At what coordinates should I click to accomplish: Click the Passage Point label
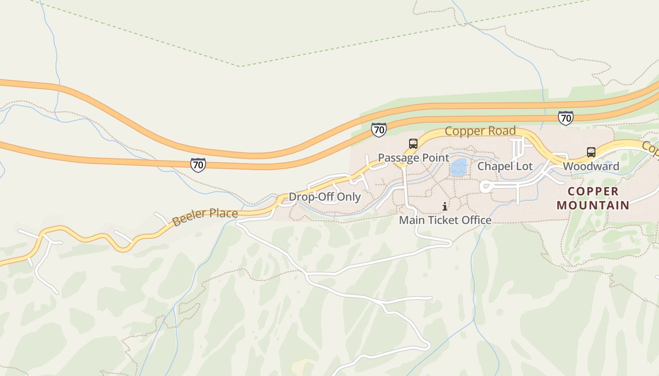tap(414, 158)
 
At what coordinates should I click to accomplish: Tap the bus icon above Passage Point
tap(413, 144)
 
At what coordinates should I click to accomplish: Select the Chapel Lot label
tap(505, 166)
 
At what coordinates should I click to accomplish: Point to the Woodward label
tap(591, 166)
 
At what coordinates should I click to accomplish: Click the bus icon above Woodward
tap(591, 152)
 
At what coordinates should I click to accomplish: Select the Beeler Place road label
tap(205, 217)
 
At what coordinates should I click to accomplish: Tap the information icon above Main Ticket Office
tap(445, 206)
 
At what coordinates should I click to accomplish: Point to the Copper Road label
tap(480, 131)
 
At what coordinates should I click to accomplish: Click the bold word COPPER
tap(593, 192)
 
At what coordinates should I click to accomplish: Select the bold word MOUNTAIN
tap(593, 205)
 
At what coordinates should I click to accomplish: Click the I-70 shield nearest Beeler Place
tap(198, 165)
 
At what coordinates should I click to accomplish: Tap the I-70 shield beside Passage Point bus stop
tap(378, 130)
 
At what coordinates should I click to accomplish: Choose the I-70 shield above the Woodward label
tap(565, 118)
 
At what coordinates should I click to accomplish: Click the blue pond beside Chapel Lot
tap(458, 167)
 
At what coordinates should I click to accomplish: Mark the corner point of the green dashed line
tap(240, 66)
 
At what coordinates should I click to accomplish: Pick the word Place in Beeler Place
tap(221, 214)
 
